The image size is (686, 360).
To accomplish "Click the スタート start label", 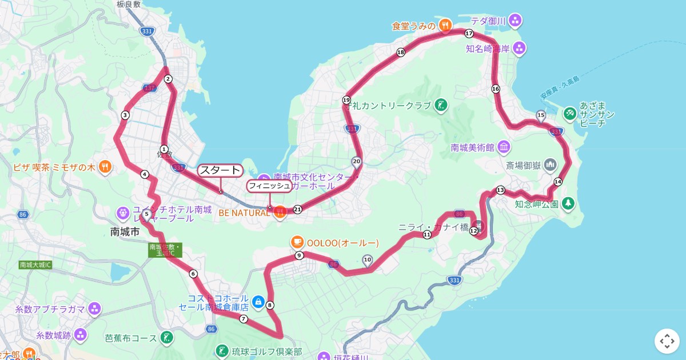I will pos(220,170).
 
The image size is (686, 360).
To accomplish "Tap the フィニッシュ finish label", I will pos(269,186).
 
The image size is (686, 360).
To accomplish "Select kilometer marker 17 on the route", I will pos(469,34).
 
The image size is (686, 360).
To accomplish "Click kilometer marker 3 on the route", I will pos(125,115).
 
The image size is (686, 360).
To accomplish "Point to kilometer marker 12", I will pos(473,231).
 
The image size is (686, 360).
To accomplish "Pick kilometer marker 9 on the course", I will pos(299,255).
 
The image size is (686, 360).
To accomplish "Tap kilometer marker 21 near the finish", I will pos(297,210).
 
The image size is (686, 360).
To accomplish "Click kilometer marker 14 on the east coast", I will pos(557,181).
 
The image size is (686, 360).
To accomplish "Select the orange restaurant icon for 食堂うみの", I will pos(445,25).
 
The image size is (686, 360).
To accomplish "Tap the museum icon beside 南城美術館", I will pos(504,147).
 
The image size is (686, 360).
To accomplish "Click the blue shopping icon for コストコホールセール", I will pos(258,301).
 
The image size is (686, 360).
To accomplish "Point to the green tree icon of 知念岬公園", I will pos(568,203).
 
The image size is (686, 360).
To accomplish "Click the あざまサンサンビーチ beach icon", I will pos(570,114).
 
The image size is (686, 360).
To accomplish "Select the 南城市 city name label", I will pos(125,231).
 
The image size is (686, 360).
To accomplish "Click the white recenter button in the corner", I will pos(667,341).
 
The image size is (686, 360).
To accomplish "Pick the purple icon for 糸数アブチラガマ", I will pos(94,309).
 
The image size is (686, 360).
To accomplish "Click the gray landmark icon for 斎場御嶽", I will pos(550,165).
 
